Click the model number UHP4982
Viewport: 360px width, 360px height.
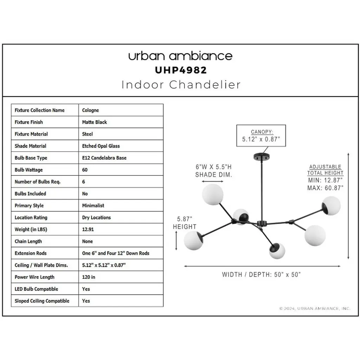(181, 70)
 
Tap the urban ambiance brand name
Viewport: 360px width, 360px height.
(180, 56)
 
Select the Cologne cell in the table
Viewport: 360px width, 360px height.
(90, 110)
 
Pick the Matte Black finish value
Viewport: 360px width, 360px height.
(94, 122)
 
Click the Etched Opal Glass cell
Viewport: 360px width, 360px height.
(101, 146)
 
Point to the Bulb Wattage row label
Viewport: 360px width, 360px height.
(28, 170)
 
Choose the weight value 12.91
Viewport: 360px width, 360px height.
(88, 230)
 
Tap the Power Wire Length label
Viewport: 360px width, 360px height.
(34, 277)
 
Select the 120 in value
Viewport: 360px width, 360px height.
(89, 277)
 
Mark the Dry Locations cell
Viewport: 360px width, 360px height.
(96, 218)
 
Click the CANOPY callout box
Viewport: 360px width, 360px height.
(261, 135)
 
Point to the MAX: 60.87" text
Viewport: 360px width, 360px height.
(325, 188)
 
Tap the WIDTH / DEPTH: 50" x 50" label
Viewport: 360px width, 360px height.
(261, 275)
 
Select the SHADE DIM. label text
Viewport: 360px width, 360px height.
(214, 175)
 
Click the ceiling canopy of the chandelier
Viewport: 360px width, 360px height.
(261, 156)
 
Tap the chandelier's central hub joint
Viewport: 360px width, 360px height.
(261, 224)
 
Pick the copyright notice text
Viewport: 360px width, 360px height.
(315, 309)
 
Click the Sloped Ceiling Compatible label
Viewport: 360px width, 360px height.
(42, 301)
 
